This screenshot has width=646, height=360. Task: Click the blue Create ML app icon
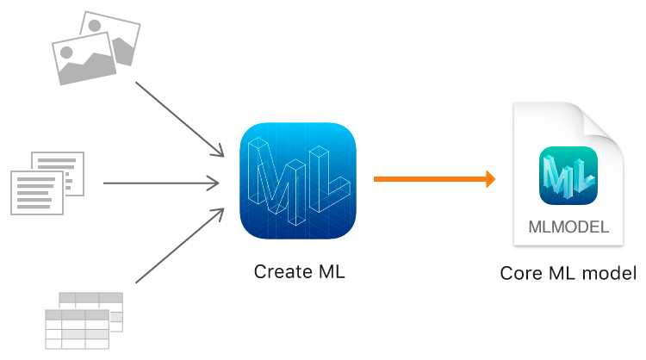[x=298, y=180]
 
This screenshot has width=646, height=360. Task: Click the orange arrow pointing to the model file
[x=434, y=179]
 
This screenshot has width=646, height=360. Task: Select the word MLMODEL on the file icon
[x=568, y=227]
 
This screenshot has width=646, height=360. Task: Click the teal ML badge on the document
[x=568, y=176]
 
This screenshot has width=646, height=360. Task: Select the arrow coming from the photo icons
[x=180, y=120]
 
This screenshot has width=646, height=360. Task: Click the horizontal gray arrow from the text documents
[x=161, y=183]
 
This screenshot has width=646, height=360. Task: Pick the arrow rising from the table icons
[x=180, y=246]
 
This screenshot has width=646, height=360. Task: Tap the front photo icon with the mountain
[x=84, y=59]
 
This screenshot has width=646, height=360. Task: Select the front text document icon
[x=37, y=193]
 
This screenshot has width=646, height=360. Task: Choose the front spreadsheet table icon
[x=77, y=330]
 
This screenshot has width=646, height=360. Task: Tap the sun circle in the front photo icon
[x=66, y=53]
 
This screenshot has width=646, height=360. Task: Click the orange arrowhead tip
[x=495, y=179]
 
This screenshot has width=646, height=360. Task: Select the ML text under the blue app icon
[x=332, y=272]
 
